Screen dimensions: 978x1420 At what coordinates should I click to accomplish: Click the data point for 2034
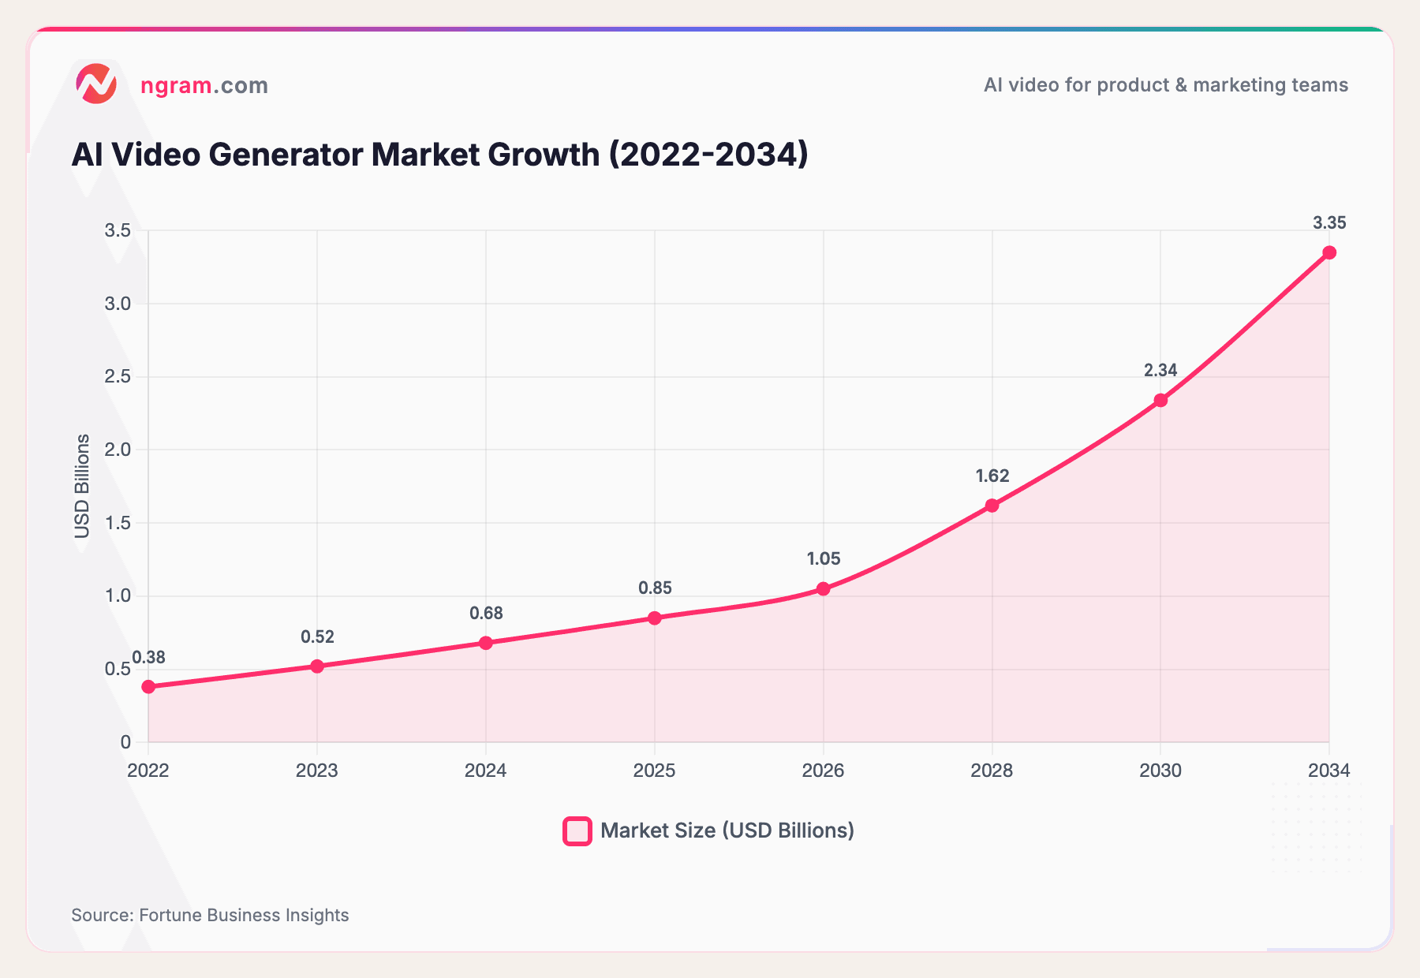1329,252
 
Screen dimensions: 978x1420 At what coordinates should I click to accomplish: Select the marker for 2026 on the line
823,589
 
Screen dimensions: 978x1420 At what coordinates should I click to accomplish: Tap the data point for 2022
148,687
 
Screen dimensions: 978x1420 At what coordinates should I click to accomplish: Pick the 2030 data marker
1160,401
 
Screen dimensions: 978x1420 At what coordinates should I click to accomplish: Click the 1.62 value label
992,476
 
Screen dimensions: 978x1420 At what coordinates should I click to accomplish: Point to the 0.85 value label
655,588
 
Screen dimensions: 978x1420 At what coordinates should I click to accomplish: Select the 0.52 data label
317,637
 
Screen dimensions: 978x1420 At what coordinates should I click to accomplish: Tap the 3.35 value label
1329,223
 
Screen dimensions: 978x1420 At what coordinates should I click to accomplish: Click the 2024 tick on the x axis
485,771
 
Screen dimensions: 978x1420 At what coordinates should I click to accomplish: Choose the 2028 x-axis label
992,771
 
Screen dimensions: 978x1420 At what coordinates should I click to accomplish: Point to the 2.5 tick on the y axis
117,377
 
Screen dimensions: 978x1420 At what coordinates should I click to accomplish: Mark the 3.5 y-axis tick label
117,230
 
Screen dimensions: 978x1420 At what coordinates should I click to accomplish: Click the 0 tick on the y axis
125,742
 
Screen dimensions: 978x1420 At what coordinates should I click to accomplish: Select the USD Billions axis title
82,486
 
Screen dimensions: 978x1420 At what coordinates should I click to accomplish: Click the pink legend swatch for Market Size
577,831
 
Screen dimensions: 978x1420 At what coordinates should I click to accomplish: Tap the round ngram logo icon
96,84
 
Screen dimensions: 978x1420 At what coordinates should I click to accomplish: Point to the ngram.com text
204,85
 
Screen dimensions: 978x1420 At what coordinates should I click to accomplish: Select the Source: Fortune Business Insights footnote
210,915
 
